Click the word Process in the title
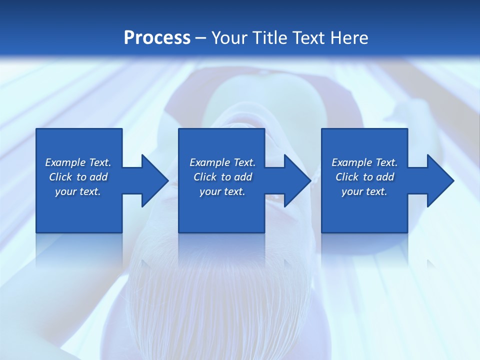click(x=157, y=38)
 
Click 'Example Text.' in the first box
click(x=78, y=162)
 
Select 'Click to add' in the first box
click(x=78, y=177)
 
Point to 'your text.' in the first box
click(x=78, y=191)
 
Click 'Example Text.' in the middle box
click(x=222, y=162)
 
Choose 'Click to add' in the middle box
click(x=222, y=177)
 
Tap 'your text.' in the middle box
click(x=222, y=191)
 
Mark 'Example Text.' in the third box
click(x=364, y=162)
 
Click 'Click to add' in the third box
click(x=364, y=177)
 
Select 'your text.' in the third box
click(x=364, y=191)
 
